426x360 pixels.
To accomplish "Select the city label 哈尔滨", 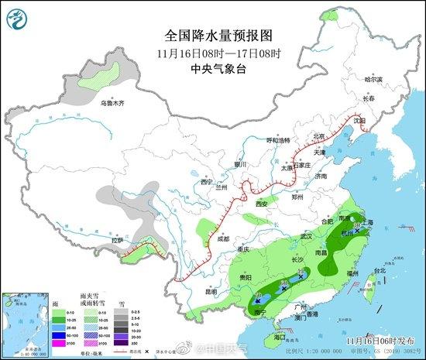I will tap(374, 80).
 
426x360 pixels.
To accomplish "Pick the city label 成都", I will tap(224, 239).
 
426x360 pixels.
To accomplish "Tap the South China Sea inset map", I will tap(23, 320).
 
